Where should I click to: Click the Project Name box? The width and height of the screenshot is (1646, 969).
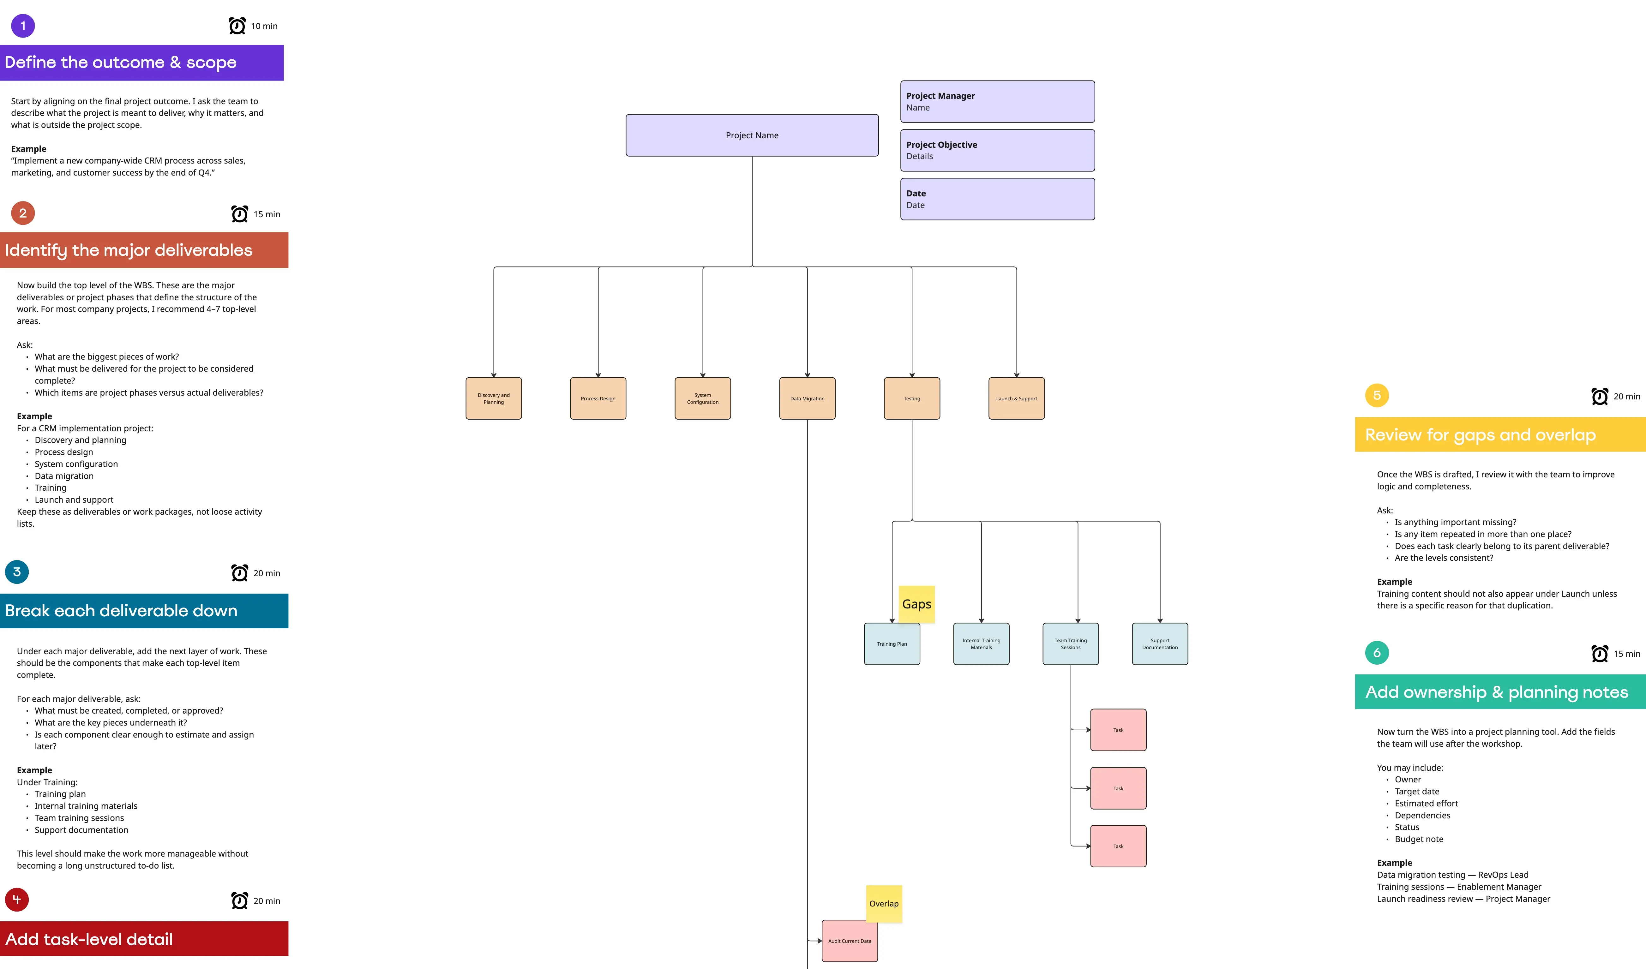(x=752, y=135)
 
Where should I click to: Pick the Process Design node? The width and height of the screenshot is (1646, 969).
(x=598, y=398)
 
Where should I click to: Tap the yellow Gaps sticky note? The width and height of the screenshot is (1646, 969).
(x=916, y=604)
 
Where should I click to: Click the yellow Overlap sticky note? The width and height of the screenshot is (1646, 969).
(x=884, y=904)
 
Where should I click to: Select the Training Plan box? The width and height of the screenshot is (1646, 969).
(x=892, y=644)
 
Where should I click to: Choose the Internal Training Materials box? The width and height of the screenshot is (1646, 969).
(x=981, y=644)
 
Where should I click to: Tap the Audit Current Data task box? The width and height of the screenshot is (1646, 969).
(x=849, y=941)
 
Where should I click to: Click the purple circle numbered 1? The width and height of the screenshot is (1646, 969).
(x=23, y=26)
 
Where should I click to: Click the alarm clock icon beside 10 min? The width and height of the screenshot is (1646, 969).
(x=237, y=26)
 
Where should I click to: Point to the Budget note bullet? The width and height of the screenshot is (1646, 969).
(x=1419, y=839)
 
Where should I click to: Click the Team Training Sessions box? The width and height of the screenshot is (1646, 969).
(x=1071, y=644)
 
